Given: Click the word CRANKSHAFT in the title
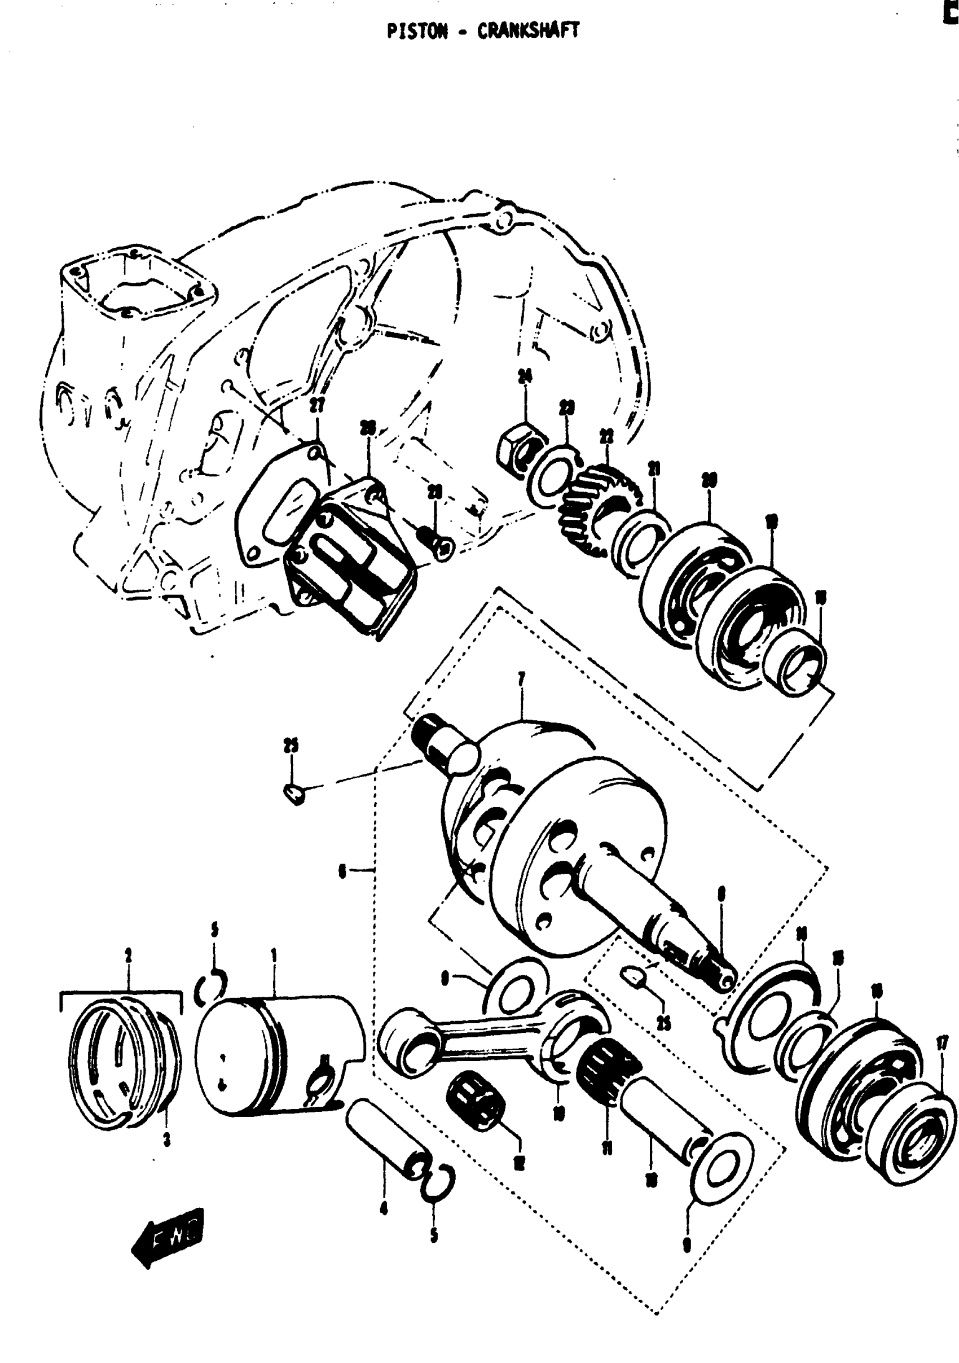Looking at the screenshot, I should [x=528, y=32].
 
